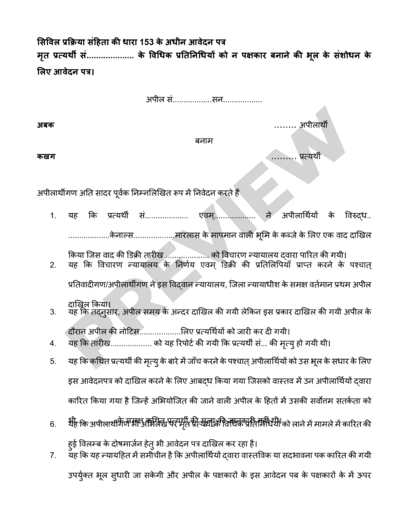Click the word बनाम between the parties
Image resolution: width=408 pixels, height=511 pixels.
tap(204, 141)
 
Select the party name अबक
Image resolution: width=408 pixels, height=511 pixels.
tap(46, 125)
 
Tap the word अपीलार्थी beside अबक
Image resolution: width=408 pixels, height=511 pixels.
tap(314, 125)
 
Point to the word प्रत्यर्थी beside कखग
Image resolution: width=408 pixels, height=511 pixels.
tap(310, 157)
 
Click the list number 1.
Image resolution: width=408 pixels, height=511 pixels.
tap(53, 216)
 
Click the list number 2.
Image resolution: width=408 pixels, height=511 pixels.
tap(53, 265)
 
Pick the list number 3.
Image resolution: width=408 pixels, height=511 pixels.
tap(53, 313)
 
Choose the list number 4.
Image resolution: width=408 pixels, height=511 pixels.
tap(53, 343)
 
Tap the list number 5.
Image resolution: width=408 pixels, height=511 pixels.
tap(53, 361)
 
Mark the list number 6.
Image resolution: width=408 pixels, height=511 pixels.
tap(53, 425)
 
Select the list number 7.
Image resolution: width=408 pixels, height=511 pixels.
tap(53, 456)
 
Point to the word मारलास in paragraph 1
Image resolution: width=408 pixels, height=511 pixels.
tap(187, 234)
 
